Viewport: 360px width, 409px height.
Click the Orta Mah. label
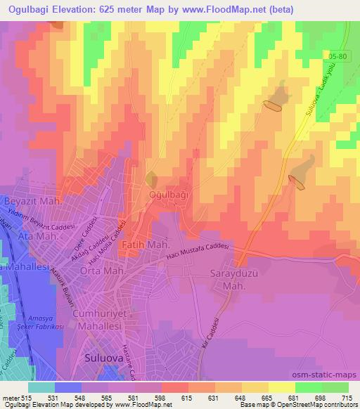tap(102, 271)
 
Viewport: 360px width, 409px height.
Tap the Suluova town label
tap(101, 356)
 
